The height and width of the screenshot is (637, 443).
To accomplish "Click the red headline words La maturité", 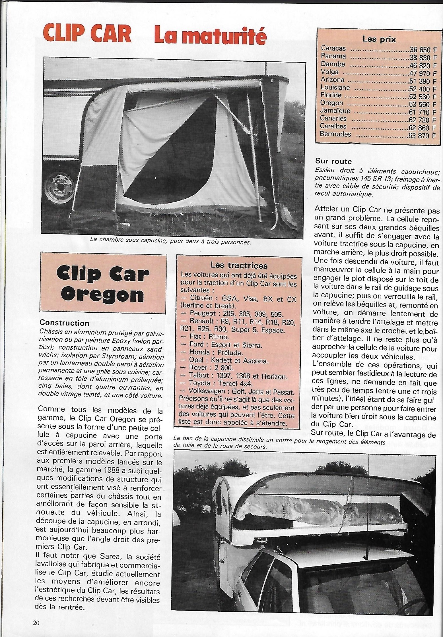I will (210, 36).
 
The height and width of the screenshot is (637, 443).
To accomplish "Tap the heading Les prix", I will (379, 39).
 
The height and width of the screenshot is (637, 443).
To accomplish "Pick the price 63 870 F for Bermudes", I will (422, 135).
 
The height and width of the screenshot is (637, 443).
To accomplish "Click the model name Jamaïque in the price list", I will (335, 111).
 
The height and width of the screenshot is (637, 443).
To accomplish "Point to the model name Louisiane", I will (335, 88).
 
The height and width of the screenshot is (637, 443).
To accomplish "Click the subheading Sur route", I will (333, 161).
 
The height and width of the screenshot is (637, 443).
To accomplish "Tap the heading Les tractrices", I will (239, 265).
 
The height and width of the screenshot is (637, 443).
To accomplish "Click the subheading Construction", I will (65, 323).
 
